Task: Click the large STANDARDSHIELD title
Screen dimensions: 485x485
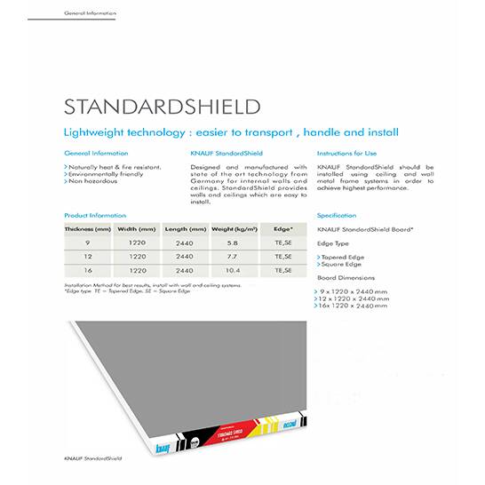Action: point(162,107)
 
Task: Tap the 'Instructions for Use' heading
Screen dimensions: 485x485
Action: point(346,154)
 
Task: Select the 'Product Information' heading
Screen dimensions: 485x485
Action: point(96,215)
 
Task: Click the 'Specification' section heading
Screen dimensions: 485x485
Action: point(337,215)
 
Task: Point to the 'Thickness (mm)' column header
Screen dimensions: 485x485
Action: point(88,228)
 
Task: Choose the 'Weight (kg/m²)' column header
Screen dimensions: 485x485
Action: point(234,228)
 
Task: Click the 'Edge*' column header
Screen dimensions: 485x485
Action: point(283,228)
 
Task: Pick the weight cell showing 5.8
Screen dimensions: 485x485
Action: point(233,242)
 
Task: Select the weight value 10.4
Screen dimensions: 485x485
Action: point(233,270)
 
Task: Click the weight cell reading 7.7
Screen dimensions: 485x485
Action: point(233,256)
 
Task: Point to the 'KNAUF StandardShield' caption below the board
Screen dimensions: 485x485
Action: point(92,458)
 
